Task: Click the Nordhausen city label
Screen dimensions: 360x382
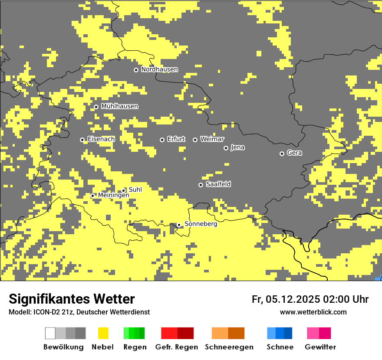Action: pyautogui.click(x=159, y=69)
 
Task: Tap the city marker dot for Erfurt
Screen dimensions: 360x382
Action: pyautogui.click(x=162, y=140)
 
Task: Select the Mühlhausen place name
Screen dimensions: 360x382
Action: pyautogui.click(x=119, y=106)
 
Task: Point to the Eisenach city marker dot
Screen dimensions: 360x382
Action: pyautogui.click(x=82, y=140)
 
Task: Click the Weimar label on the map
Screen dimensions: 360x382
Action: pyautogui.click(x=212, y=139)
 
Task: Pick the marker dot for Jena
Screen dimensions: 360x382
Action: pyautogui.click(x=226, y=148)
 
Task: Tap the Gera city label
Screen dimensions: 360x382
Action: pyautogui.click(x=294, y=153)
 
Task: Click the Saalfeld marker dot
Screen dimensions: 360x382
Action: pyautogui.click(x=201, y=185)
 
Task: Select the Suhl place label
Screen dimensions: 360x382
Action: pyautogui.click(x=135, y=190)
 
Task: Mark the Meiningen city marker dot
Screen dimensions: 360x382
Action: pyautogui.click(x=92, y=196)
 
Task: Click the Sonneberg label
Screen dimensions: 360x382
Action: pyautogui.click(x=201, y=224)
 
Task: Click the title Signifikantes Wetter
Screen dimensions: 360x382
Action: pyautogui.click(x=72, y=299)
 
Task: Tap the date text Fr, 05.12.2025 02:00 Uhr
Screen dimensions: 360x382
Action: pyautogui.click(x=310, y=299)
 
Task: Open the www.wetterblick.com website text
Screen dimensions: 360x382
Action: pyautogui.click(x=313, y=312)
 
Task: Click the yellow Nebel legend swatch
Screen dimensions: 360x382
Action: pyautogui.click(x=103, y=333)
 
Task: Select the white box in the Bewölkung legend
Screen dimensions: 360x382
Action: pyautogui.click(x=50, y=333)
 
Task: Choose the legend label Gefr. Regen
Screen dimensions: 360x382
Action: pyautogui.click(x=176, y=347)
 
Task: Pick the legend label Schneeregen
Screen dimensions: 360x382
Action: pyautogui.click(x=229, y=347)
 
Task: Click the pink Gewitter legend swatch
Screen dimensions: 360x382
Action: pyautogui.click(x=313, y=333)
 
